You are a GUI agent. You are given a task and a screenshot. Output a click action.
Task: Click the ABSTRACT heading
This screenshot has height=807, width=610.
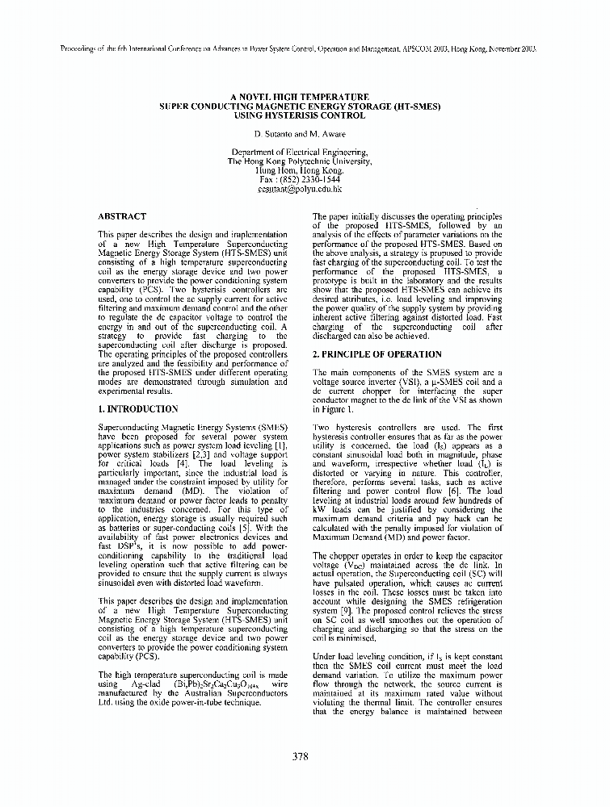(121, 216)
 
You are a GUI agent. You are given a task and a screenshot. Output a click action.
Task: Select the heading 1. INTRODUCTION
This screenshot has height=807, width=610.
(137, 409)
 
